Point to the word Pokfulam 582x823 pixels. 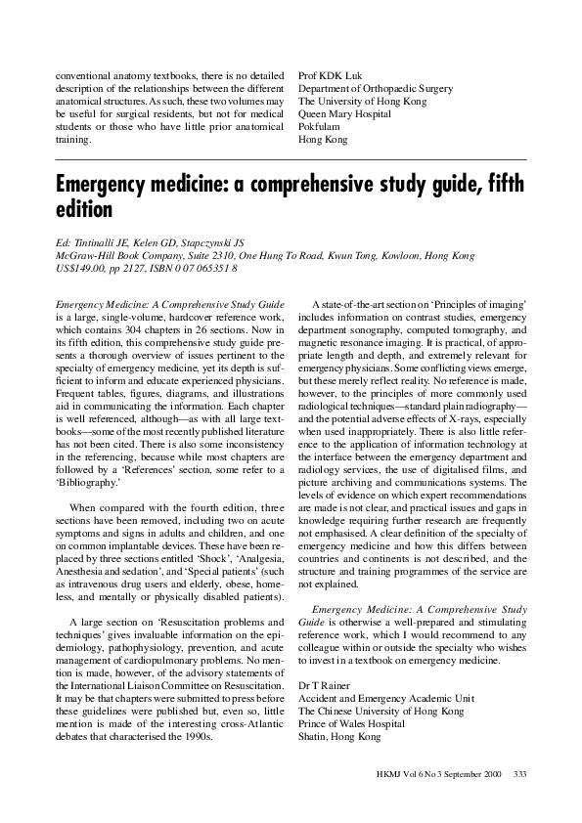pos(320,126)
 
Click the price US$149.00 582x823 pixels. pos(81,268)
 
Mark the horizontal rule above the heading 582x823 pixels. pos(291,158)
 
